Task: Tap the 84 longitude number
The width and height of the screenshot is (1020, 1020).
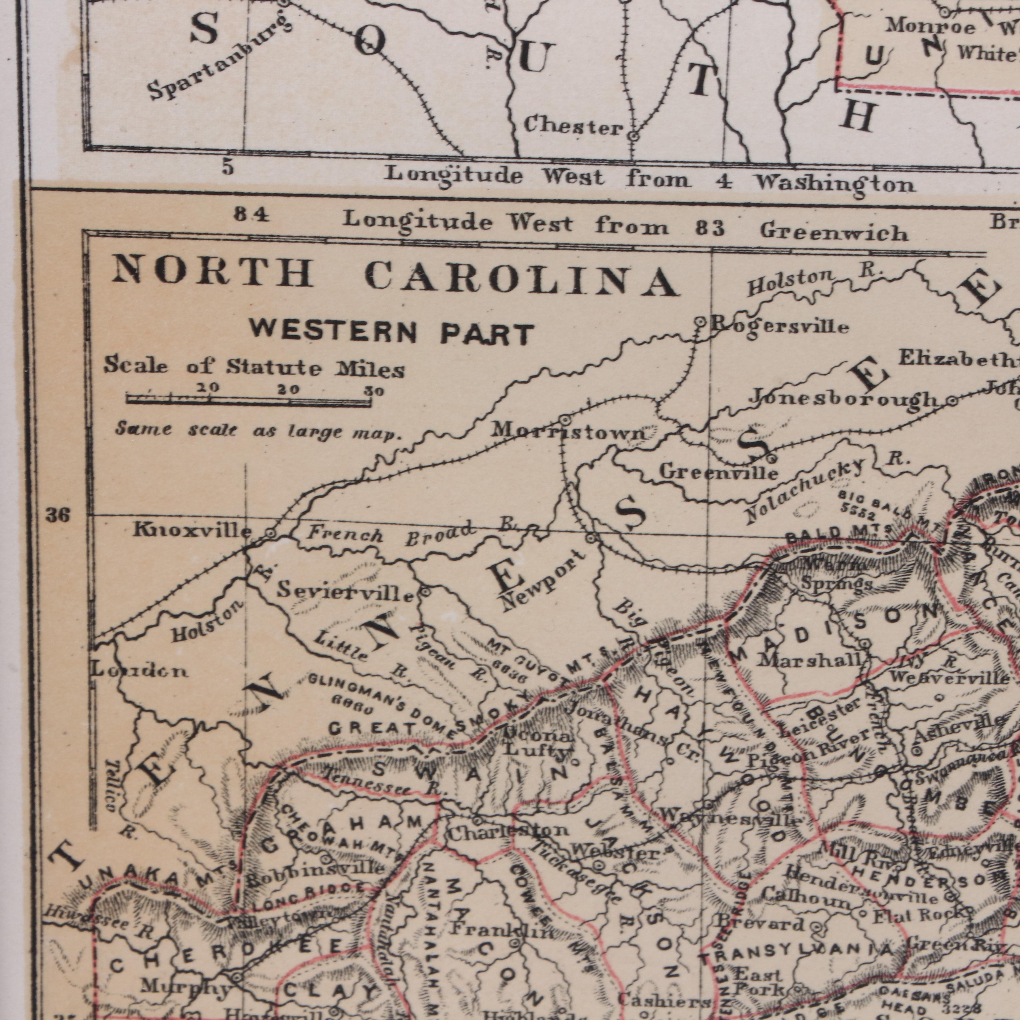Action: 252,215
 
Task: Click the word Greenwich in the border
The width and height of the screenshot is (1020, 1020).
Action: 834,232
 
